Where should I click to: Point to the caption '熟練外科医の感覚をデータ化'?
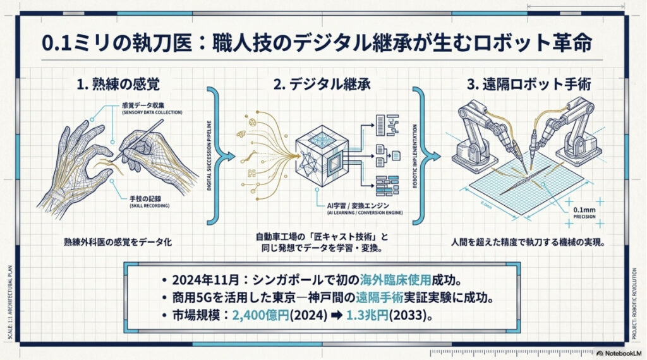(x=118, y=242)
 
